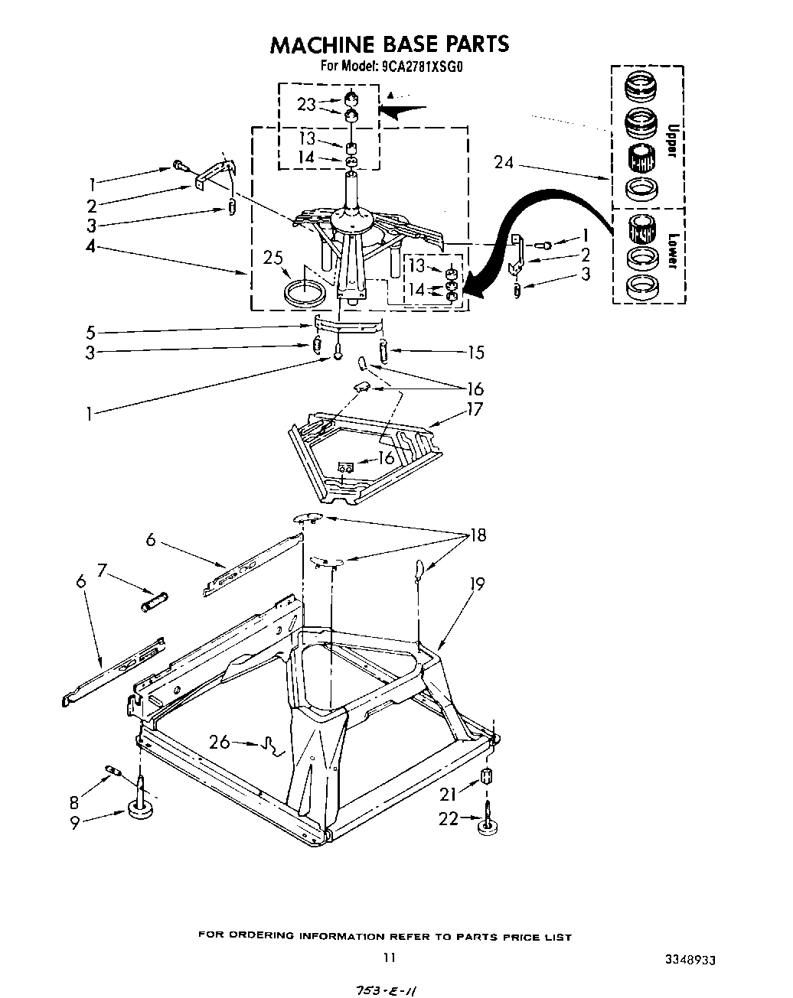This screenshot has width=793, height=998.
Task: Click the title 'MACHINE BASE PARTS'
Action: tap(389, 44)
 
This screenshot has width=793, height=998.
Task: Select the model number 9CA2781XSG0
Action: tap(420, 67)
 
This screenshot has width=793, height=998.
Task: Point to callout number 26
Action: tap(219, 742)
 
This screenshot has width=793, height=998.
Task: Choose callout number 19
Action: tap(476, 584)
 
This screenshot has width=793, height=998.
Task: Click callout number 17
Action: tap(475, 409)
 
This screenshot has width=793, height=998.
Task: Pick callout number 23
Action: tap(306, 104)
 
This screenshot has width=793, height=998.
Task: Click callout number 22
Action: tap(448, 818)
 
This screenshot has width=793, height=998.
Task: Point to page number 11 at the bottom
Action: tap(390, 957)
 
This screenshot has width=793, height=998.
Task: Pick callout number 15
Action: tap(476, 352)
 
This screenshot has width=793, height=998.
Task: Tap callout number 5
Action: tap(91, 333)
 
